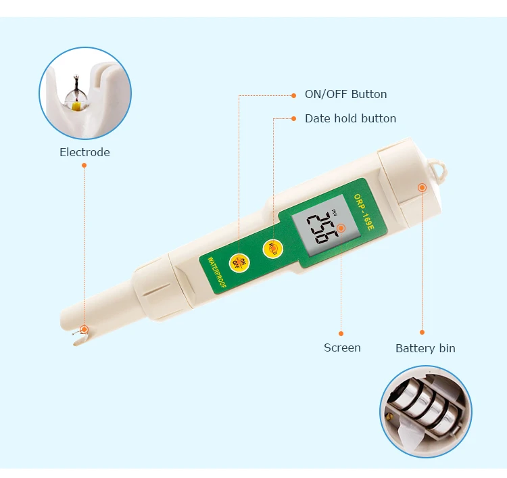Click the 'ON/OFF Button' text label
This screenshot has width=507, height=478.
(x=345, y=94)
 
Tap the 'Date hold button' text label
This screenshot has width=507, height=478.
(x=350, y=118)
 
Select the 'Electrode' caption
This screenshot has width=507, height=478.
(x=84, y=152)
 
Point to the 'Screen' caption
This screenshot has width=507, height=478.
(x=342, y=348)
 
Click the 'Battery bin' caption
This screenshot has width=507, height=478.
(x=425, y=348)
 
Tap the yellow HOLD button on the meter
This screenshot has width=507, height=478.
(x=273, y=249)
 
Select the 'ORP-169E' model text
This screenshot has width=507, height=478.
(x=364, y=212)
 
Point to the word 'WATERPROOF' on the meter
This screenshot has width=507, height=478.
(x=217, y=272)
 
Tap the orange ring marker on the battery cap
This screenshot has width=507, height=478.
(x=422, y=187)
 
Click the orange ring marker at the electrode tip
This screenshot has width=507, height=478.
(x=84, y=329)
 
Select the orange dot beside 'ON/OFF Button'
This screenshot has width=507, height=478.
(x=293, y=95)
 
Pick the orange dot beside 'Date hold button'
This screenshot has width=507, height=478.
(x=293, y=119)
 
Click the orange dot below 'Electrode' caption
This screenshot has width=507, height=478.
(x=84, y=165)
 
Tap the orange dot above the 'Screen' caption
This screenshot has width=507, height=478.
(x=341, y=333)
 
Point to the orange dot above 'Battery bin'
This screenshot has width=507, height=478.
(x=422, y=332)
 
